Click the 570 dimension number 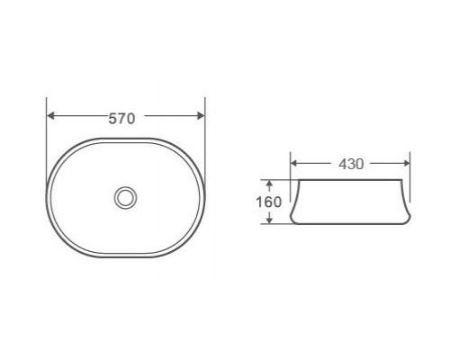pos(121,119)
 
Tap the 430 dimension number pos(351,164)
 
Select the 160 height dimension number pos(269,202)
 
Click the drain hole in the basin pos(125,197)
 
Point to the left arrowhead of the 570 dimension pos(50,115)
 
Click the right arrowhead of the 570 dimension pos(201,115)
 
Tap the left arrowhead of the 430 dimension pos(293,163)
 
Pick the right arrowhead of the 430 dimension pos(407,163)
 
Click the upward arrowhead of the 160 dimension pos(269,184)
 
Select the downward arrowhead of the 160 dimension pos(269,220)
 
